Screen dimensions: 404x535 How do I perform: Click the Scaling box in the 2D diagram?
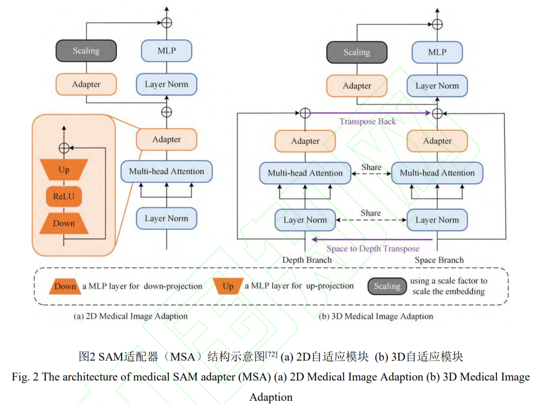pos(86,51)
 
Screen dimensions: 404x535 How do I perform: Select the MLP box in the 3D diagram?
pos(437,52)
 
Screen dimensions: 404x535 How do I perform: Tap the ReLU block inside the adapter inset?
pos(64,196)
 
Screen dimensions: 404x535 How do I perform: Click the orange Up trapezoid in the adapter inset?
pos(64,170)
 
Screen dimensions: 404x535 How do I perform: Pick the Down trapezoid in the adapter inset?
pos(64,223)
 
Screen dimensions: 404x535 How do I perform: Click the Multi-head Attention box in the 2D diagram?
pos(167,171)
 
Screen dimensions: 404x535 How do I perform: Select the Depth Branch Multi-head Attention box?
pos(305,173)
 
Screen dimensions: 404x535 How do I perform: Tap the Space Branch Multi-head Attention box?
pos(437,173)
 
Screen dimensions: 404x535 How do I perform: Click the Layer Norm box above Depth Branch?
pos(305,220)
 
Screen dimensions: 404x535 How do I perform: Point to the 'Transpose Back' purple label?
pos(367,121)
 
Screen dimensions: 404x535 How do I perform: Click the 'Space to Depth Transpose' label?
pos(373,249)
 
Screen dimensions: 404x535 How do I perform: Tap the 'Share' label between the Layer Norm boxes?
pos(370,213)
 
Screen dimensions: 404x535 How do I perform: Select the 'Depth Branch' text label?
pos(305,260)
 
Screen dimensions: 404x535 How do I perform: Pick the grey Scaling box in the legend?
pos(387,286)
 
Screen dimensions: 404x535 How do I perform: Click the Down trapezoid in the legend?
pos(65,286)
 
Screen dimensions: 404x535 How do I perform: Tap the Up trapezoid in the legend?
pos(228,286)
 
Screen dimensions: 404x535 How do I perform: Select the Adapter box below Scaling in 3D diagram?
pos(357,86)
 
